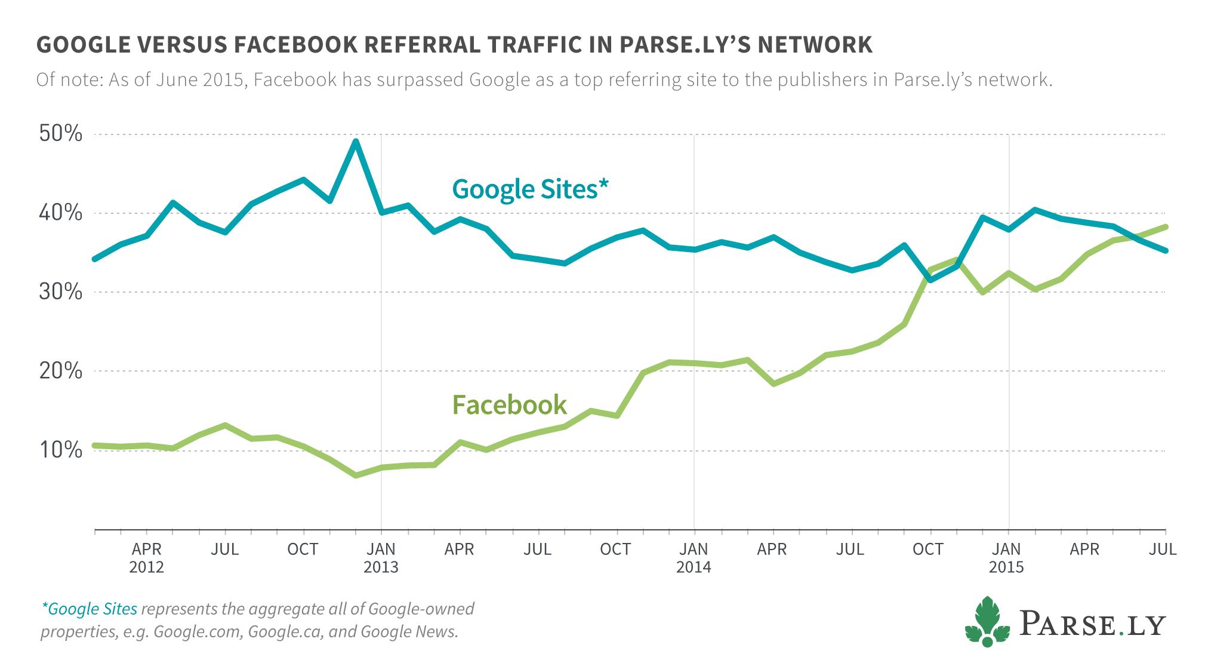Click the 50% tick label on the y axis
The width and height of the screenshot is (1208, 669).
click(61, 134)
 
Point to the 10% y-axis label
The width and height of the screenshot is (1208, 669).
click(61, 450)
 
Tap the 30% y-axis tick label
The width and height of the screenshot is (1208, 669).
click(61, 292)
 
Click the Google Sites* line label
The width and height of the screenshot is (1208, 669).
click(530, 189)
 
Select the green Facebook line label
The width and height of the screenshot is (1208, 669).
click(509, 404)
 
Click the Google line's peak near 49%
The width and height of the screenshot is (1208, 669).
click(356, 141)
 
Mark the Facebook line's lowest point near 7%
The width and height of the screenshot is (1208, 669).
click(356, 475)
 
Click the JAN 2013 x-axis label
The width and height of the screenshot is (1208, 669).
click(381, 557)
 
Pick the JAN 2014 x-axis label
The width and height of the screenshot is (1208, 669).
click(694, 557)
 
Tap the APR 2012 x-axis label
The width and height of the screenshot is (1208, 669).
click(147, 557)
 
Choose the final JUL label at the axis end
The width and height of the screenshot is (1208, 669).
click(1163, 548)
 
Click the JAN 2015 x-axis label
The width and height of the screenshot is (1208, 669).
click(1006, 557)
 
